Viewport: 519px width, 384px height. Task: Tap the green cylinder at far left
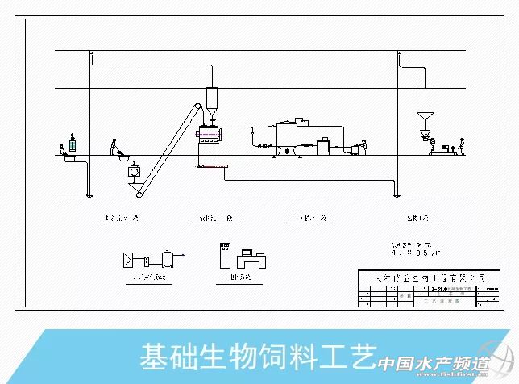74,144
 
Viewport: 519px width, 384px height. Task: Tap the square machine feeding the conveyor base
134,171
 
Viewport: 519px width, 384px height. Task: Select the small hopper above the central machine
213,103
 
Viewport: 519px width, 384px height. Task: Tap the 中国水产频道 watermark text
435,365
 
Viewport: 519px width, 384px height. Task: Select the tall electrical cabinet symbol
224,259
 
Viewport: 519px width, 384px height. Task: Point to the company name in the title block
426,277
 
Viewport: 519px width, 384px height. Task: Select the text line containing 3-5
417,249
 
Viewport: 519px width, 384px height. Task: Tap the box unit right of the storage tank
325,145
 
